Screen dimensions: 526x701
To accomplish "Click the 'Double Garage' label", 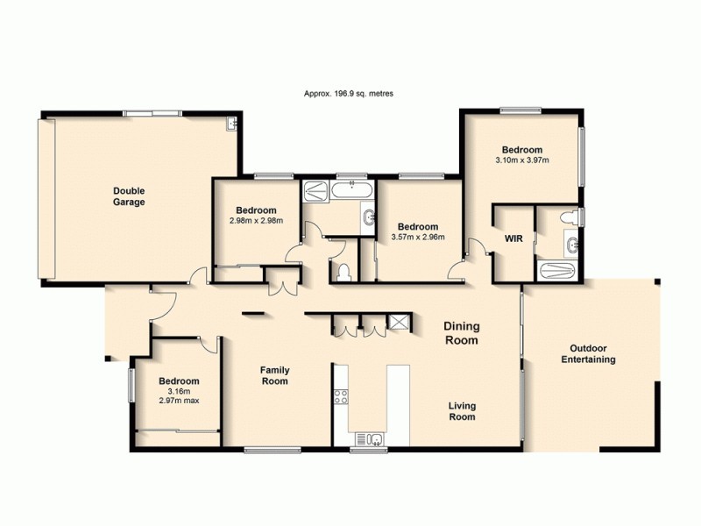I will [128, 196].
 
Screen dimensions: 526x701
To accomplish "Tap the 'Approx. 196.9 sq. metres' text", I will [349, 93].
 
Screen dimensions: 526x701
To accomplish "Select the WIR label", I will [513, 238].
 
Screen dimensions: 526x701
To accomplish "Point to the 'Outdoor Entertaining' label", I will [588, 353].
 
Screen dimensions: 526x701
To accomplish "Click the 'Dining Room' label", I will [462, 333].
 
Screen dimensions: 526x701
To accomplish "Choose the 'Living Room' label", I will [462, 411].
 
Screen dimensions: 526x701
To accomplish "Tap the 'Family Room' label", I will [274, 376].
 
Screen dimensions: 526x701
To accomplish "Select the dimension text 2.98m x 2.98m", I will [256, 221].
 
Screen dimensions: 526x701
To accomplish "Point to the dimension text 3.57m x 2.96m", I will [416, 236].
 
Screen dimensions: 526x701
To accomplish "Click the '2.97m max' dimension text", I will [179, 401].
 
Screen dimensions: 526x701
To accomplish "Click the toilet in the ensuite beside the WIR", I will [570, 217].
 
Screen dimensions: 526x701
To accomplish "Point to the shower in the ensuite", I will [557, 271].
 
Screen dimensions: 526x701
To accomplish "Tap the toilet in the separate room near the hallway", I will [344, 273].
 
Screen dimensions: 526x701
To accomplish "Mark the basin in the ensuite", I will [571, 245].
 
